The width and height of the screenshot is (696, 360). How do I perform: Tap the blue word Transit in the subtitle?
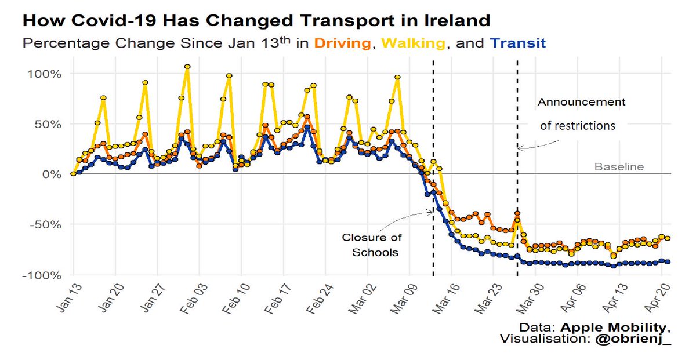(517, 43)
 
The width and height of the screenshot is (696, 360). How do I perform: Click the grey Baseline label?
(619, 167)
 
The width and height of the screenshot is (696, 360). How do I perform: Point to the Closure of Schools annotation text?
(371, 245)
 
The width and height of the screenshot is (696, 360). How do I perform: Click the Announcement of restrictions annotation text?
(580, 114)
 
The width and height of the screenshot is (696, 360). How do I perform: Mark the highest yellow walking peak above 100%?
(187, 67)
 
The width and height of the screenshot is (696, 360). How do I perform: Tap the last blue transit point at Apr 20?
(668, 261)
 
